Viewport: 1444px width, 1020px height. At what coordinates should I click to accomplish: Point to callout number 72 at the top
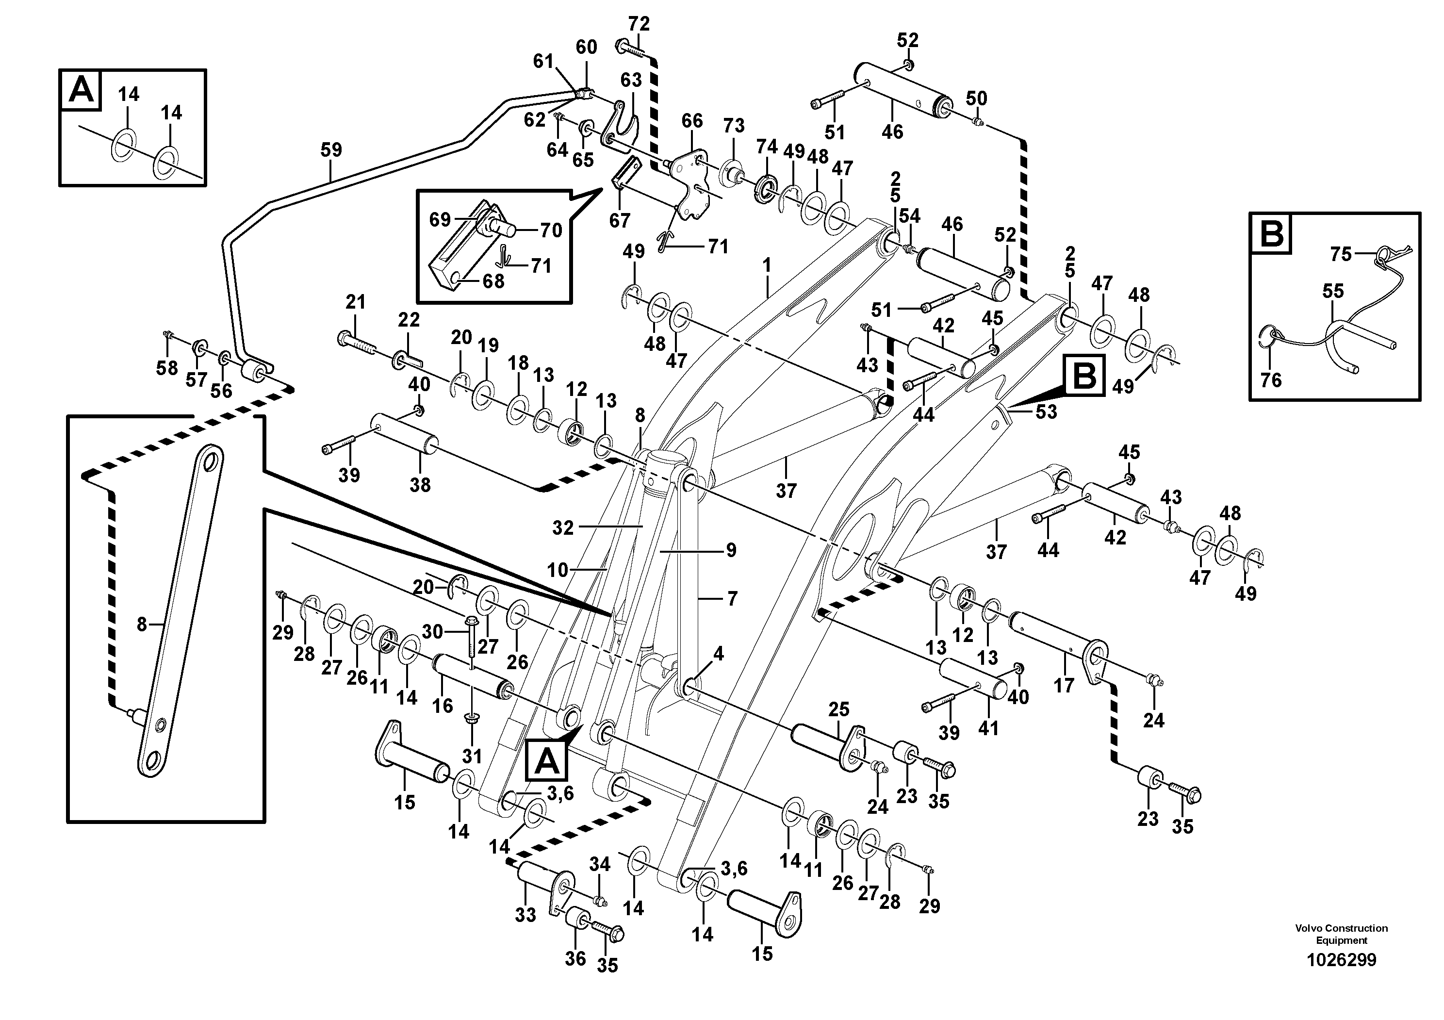pyautogui.click(x=639, y=24)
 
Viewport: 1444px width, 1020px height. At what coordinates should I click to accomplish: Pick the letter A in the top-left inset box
pyautogui.click(x=81, y=90)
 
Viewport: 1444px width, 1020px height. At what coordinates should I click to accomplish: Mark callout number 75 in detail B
pyautogui.click(x=1340, y=254)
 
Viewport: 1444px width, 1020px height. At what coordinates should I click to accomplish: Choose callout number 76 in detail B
pyautogui.click(x=1270, y=380)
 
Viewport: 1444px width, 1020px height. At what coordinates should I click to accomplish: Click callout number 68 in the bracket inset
pyautogui.click(x=493, y=280)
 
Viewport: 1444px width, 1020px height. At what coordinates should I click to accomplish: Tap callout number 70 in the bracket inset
pyautogui.click(x=551, y=230)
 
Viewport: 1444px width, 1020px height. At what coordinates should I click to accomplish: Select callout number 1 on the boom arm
pyautogui.click(x=766, y=266)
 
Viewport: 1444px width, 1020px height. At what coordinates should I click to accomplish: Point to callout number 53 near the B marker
pyautogui.click(x=1046, y=412)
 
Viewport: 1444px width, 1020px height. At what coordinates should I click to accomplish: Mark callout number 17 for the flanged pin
pyautogui.click(x=1064, y=685)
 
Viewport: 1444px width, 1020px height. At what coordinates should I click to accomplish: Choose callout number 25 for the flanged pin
pyautogui.click(x=838, y=709)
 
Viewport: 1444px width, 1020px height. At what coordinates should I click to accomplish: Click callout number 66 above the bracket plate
pyautogui.click(x=692, y=121)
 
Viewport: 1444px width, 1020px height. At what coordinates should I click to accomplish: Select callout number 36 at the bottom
pyautogui.click(x=575, y=958)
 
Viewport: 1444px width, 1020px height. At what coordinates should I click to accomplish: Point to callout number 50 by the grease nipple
pyautogui.click(x=976, y=99)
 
